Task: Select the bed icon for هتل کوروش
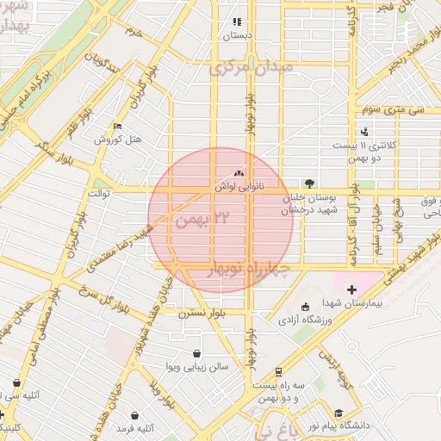pos(117,127)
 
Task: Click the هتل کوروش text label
pos(117,140)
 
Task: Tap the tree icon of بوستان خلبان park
pos(309,183)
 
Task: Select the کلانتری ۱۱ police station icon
pos(365,132)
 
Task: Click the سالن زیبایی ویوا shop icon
pos(197,353)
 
